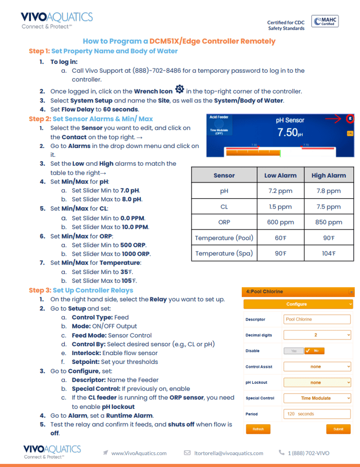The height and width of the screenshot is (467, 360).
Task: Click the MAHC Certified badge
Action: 324,21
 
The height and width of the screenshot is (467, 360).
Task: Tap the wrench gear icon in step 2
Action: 179,89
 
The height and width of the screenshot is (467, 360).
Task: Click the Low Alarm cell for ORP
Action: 280,222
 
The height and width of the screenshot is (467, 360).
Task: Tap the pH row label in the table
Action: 224,191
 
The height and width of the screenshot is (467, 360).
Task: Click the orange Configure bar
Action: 297,304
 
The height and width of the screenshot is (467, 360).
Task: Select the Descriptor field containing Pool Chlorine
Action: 317,320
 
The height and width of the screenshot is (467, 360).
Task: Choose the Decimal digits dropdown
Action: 317,335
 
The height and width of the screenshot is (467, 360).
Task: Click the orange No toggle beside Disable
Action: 313,351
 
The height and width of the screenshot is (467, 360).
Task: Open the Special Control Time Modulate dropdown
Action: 317,398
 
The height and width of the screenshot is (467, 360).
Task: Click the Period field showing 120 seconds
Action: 317,414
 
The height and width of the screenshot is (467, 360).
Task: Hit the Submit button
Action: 338,429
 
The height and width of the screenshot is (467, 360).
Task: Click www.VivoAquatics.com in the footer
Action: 139,453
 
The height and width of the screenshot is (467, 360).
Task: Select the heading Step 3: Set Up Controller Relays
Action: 81,290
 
